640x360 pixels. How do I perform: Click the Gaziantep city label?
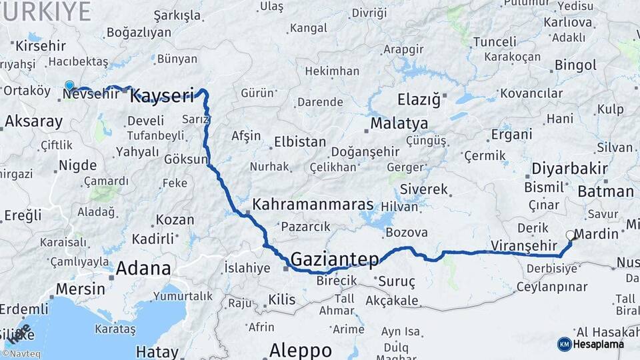tap(335, 259)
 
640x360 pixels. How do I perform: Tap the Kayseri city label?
tap(162, 96)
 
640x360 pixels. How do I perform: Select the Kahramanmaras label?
tap(313, 204)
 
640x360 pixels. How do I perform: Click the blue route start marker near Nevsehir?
tap(69, 85)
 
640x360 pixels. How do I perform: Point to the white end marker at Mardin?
tap(570, 235)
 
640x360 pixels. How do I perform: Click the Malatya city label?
tap(399, 123)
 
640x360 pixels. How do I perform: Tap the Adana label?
tap(143, 269)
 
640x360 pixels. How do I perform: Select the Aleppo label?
tap(300, 350)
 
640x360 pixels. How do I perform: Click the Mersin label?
tap(80, 289)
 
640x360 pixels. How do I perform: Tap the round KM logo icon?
tap(564, 344)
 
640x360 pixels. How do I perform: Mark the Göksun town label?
tap(186, 159)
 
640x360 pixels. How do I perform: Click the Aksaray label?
tap(33, 121)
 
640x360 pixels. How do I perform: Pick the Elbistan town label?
tap(300, 142)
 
